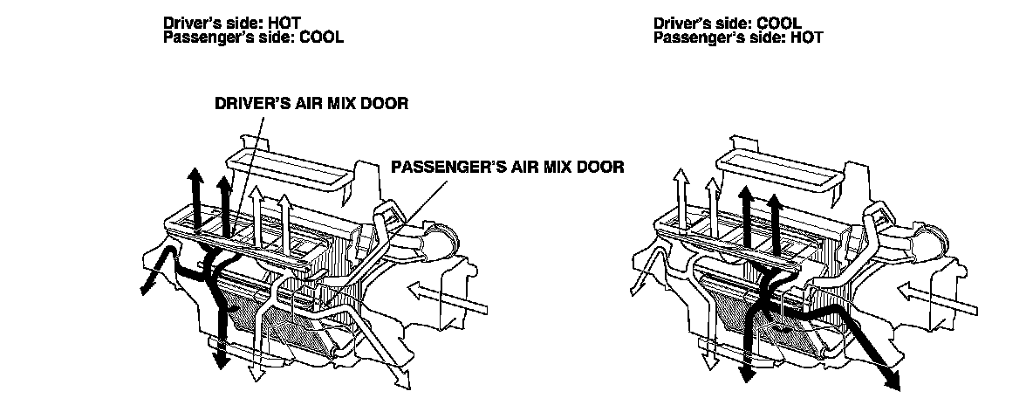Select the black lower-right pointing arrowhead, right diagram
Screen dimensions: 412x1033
[x=892, y=377]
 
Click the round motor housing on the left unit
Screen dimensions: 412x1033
[x=442, y=238]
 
